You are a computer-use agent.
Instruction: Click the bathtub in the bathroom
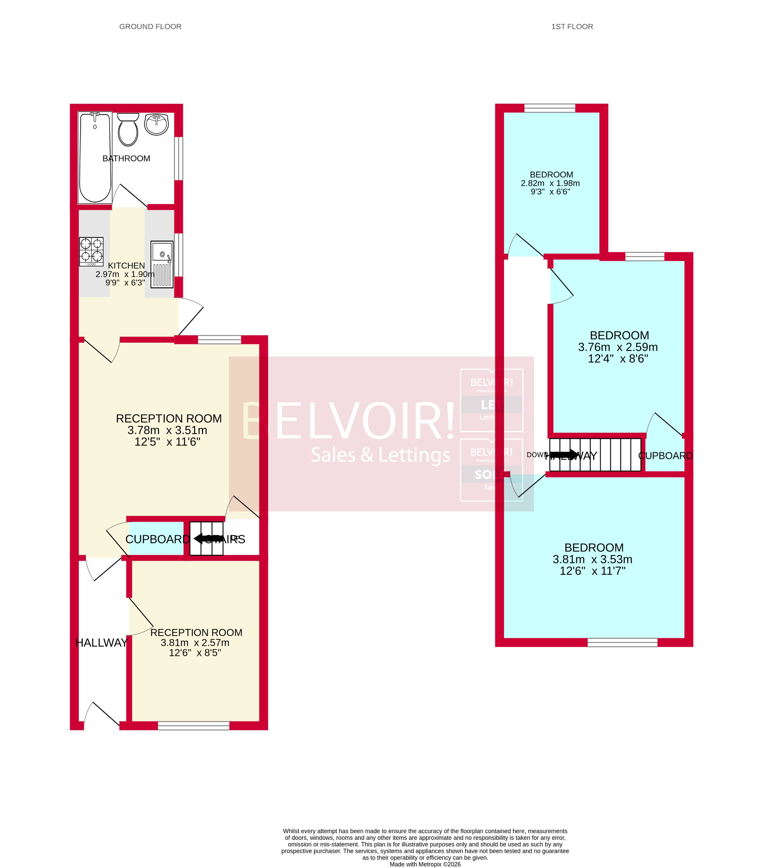pos(95,157)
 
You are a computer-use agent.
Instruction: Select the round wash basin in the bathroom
pos(156,124)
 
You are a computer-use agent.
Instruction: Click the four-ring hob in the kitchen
pos(91,251)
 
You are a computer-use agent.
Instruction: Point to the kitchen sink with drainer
pos(162,264)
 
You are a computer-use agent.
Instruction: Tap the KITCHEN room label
pos(126,266)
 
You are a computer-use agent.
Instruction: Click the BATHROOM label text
pos(126,158)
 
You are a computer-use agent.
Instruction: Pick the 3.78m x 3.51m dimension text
pos(167,430)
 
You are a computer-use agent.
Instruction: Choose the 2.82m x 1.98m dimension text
pos(550,183)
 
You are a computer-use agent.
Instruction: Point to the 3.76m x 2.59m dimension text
pos(618,347)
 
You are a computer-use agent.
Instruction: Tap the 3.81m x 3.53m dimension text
pos(592,559)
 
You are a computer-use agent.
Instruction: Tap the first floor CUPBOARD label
pos(665,456)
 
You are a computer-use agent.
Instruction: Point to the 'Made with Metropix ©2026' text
pos(425,864)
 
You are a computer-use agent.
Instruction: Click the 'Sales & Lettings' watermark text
pos(380,455)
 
